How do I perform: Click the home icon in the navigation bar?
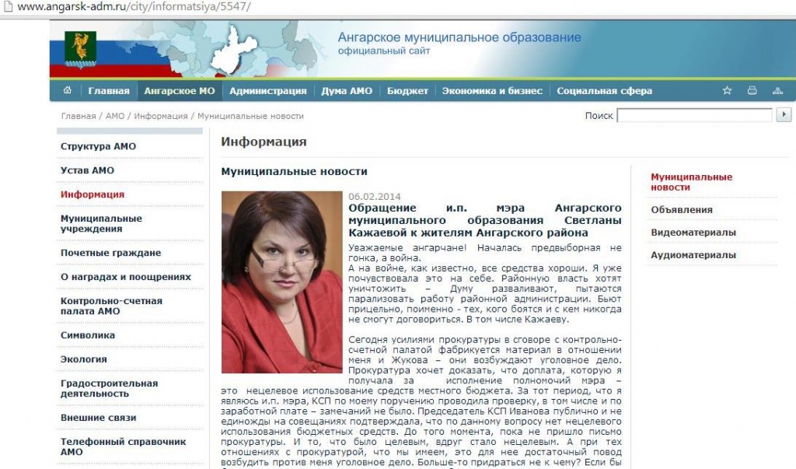coord(68,91)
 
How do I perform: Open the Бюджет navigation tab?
coord(407,91)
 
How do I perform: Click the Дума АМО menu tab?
coord(347,91)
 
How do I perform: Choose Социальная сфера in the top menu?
coord(604,91)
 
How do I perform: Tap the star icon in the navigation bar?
coord(727,91)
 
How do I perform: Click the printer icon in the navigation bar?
coord(752,91)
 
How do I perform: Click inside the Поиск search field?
coord(693,116)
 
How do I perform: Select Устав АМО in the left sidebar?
coord(87,170)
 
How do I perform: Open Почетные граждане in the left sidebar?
coord(110,253)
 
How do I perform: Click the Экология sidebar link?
coord(83,359)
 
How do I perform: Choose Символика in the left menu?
coord(87,335)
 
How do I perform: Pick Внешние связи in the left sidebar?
coord(98,418)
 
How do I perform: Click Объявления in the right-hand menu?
coord(681,209)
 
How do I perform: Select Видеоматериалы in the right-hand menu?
coord(693,232)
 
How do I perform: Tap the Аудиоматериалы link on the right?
coord(693,255)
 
